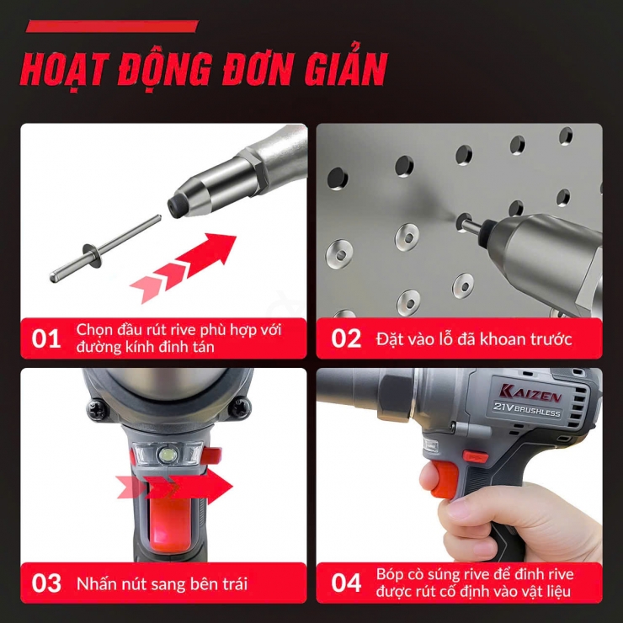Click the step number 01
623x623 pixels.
(47, 339)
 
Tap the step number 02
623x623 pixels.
(346, 339)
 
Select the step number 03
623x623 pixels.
(47, 583)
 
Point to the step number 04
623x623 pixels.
(346, 583)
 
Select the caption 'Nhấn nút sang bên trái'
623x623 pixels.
(162, 583)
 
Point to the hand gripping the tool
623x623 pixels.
(505, 522)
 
